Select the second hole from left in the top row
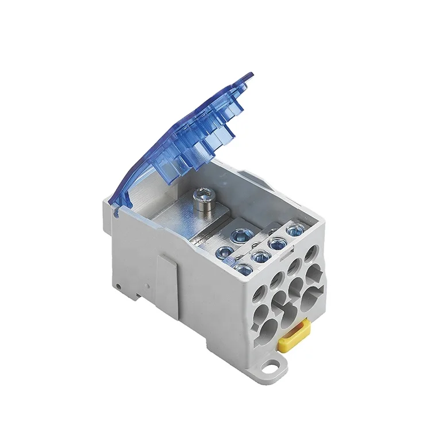276,279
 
